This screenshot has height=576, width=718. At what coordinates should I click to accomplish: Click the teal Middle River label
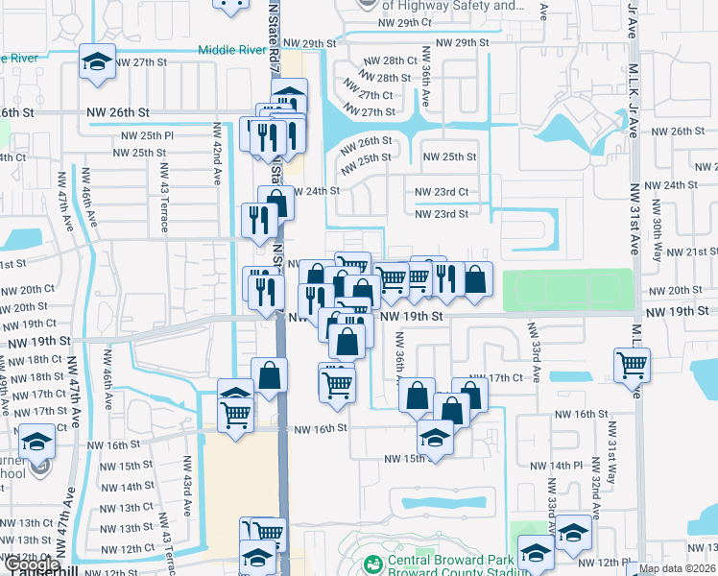pyautogui.click(x=232, y=50)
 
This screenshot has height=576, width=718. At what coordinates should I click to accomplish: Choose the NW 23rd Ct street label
pyautogui.click(x=441, y=193)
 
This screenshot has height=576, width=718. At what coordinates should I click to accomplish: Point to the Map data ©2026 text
pyautogui.click(x=677, y=568)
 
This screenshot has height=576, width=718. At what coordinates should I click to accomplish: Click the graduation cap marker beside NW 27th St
pyautogui.click(x=97, y=62)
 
